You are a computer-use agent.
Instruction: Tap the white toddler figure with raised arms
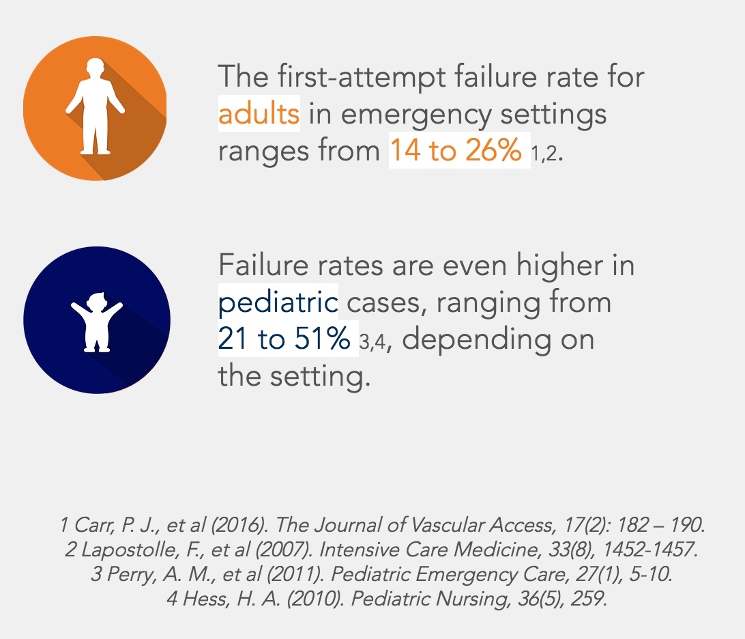point(97,322)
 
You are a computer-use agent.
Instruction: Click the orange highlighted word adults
point(259,113)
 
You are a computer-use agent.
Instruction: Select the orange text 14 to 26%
point(455,150)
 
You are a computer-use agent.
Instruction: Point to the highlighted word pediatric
point(278,302)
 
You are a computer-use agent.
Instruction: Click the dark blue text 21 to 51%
point(284,339)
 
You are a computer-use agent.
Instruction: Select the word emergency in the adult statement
point(416,115)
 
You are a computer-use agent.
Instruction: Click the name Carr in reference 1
point(93,525)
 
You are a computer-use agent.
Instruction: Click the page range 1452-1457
point(649,550)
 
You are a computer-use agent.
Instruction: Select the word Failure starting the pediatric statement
point(263,265)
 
